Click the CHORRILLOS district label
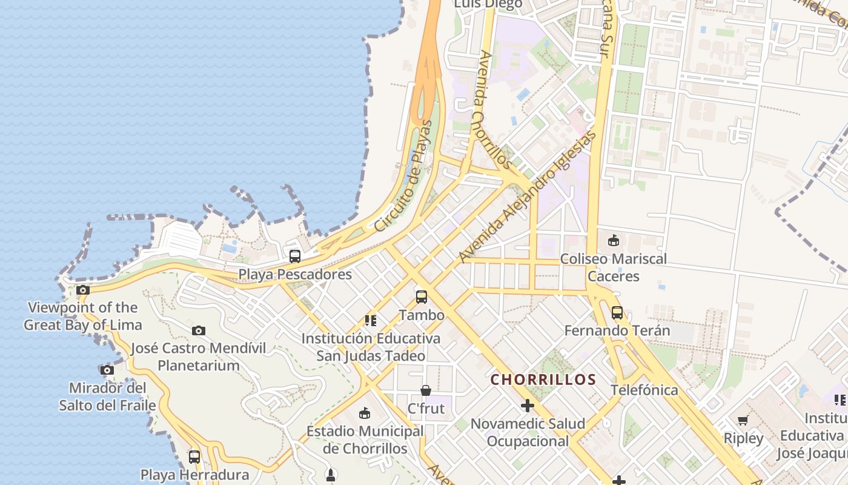pos(543,380)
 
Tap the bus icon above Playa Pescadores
pos(295,256)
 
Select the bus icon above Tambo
pos(422,297)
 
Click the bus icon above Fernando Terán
pos(617,313)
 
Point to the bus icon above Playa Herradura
pos(194,457)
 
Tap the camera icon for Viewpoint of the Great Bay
pos(83,290)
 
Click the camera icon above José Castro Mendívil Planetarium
pos(199,330)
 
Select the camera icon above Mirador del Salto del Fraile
pos(107,370)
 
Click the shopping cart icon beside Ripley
pos(743,421)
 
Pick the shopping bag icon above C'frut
pos(426,390)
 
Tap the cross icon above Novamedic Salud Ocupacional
pos(528,405)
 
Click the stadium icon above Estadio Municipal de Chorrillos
pos(365,413)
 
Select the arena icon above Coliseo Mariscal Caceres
pos(614,241)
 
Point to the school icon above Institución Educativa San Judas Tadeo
pos(371,320)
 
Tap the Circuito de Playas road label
pos(404,176)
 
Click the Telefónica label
pos(644,390)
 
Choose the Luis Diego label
pos(488,5)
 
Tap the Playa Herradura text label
pos(194,475)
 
